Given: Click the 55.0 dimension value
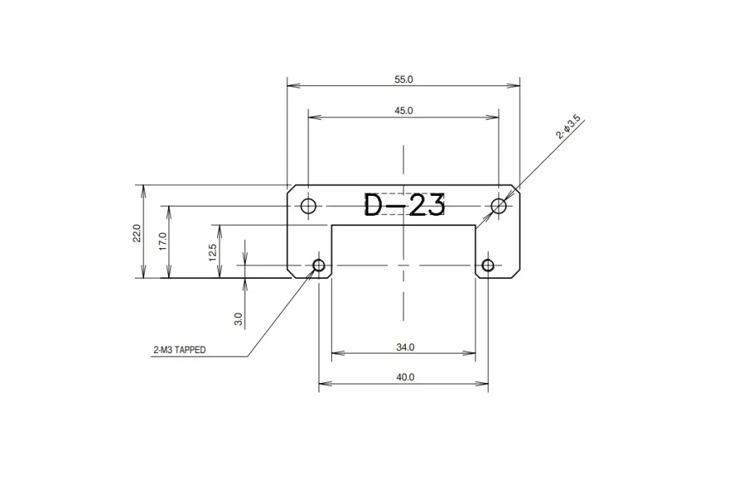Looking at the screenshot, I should [404, 79].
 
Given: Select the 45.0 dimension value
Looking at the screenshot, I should [404, 110].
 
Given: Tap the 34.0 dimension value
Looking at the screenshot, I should [404, 348].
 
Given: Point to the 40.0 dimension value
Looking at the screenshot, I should [404, 377].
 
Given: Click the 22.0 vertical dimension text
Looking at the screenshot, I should [137, 232].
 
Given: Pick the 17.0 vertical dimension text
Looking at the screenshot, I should [163, 241].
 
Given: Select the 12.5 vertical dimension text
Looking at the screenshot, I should [213, 252].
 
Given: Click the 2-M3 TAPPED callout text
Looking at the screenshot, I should [180, 351].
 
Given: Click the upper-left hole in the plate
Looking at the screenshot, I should [309, 205].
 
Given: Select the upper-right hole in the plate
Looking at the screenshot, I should [499, 205].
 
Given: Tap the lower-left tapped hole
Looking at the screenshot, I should [319, 265].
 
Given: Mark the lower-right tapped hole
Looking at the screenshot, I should [488, 265].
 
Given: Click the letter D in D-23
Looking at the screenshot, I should [375, 205].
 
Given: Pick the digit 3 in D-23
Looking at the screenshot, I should [435, 205].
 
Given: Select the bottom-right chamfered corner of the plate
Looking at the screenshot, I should [516, 274].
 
